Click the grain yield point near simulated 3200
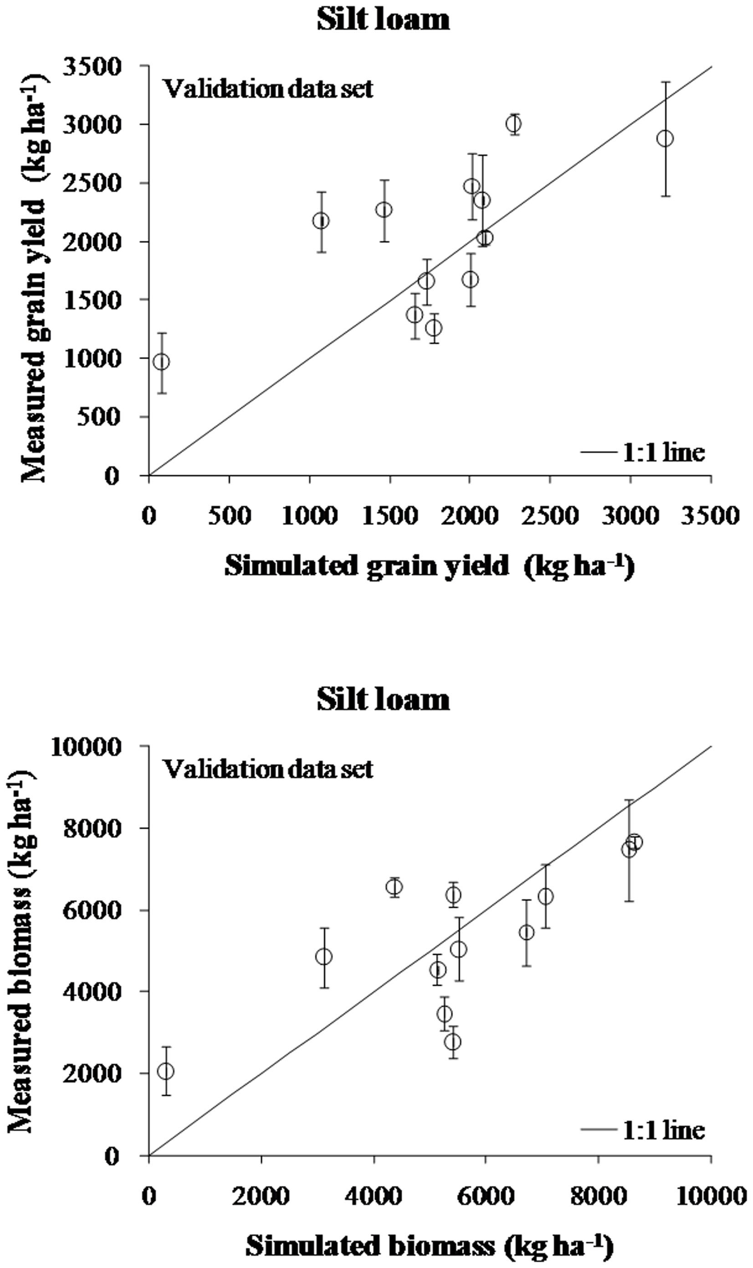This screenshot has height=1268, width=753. (x=665, y=139)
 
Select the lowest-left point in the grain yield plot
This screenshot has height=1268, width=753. (x=161, y=362)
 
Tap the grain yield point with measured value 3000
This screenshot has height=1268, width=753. (x=514, y=124)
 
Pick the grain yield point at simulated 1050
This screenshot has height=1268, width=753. (x=320, y=221)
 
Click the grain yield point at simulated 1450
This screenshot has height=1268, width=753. (x=384, y=210)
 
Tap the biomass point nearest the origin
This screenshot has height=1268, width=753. (x=165, y=1071)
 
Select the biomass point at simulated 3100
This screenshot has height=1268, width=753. (x=324, y=957)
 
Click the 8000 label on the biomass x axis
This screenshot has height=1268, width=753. (x=598, y=1197)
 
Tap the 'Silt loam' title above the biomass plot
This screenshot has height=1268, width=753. (x=383, y=700)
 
